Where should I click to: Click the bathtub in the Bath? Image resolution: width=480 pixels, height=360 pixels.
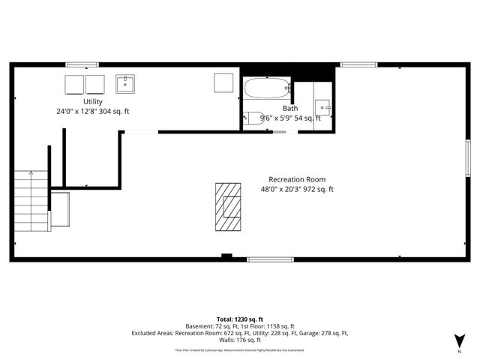coord(267,88)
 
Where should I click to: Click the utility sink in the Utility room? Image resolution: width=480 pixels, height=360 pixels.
coord(125,82)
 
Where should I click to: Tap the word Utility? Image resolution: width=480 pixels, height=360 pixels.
coord(93,101)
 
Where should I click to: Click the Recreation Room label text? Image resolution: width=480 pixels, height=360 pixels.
coord(297,179)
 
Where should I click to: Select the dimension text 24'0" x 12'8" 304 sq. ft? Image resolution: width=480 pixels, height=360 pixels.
coord(93,111)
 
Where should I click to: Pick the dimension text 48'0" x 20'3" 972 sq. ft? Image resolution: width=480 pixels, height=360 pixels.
coord(297,189)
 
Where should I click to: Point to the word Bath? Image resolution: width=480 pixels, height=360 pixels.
coord(289,108)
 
